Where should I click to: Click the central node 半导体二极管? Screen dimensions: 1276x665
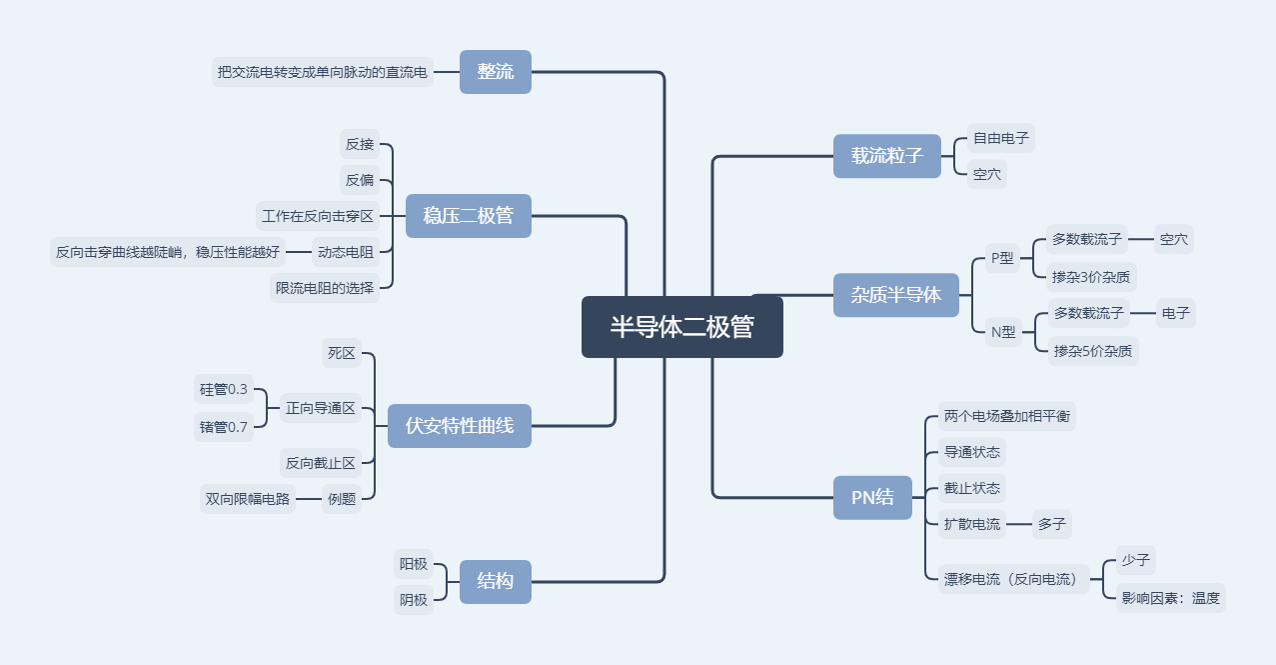(x=682, y=327)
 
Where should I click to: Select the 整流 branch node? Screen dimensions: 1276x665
(x=496, y=72)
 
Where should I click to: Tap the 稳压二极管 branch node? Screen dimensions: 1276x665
(x=468, y=216)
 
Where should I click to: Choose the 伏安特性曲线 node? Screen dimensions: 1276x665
(x=460, y=426)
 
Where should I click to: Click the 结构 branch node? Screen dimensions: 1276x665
(x=496, y=581)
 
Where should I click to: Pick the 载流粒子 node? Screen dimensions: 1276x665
(x=887, y=156)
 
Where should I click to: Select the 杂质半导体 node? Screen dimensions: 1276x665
(x=896, y=295)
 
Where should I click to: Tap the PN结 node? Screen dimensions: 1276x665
(x=873, y=497)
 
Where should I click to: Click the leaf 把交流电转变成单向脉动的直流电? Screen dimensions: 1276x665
(x=323, y=72)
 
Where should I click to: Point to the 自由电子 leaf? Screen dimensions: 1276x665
(x=1001, y=138)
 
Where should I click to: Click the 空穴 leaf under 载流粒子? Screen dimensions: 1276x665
(x=987, y=174)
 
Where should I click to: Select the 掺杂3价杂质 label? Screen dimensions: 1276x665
(x=1091, y=276)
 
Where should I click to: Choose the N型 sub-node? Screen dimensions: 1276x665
(x=1003, y=332)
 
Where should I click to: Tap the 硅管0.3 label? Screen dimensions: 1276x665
(x=224, y=389)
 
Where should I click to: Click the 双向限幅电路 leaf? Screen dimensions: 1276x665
(x=248, y=499)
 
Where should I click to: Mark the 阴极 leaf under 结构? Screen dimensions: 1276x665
(x=414, y=600)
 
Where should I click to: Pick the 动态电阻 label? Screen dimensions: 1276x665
(x=346, y=252)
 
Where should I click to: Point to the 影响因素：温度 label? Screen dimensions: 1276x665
(x=1171, y=598)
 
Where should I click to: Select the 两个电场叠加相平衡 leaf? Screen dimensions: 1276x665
(x=1007, y=416)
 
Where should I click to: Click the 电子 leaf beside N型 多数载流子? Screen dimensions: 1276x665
(x=1176, y=313)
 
